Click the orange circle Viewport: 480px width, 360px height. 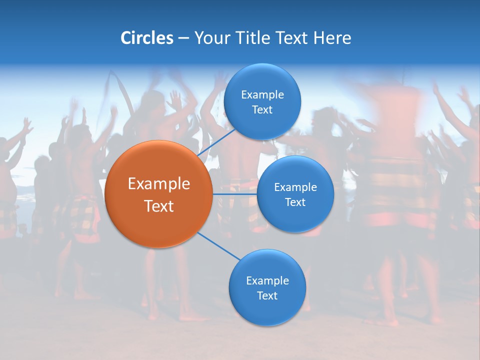158,194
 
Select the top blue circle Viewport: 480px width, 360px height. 262,101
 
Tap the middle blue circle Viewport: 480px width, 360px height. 295,194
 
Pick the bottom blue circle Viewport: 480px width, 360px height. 267,287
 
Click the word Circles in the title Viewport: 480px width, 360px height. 147,38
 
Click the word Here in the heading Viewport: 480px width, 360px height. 332,38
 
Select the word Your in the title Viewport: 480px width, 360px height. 212,38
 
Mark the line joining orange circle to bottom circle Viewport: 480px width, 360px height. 219,246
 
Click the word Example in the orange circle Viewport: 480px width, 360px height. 158,184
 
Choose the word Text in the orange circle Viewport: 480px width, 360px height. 158,205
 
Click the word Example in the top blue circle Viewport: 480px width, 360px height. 262,94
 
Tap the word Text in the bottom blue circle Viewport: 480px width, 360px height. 267,295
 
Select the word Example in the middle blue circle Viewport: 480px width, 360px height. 295,187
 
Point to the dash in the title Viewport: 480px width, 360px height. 183,38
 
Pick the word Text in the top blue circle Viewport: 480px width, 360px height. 262,109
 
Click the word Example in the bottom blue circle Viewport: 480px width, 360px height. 267,280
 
